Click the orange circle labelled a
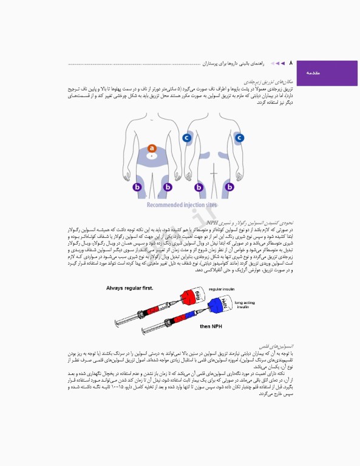pyautogui.click(x=152, y=148)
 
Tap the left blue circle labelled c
pyautogui.click(x=186, y=138)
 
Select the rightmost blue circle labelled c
pyautogui.click(x=240, y=138)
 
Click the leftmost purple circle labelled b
pyautogui.click(x=137, y=187)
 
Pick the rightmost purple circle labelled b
pyautogui.click(x=230, y=187)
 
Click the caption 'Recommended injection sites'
pyautogui.click(x=182, y=204)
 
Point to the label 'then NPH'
pyautogui.click(x=212, y=326)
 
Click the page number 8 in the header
pyautogui.click(x=290, y=62)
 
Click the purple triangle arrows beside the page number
pyautogui.click(x=278, y=63)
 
